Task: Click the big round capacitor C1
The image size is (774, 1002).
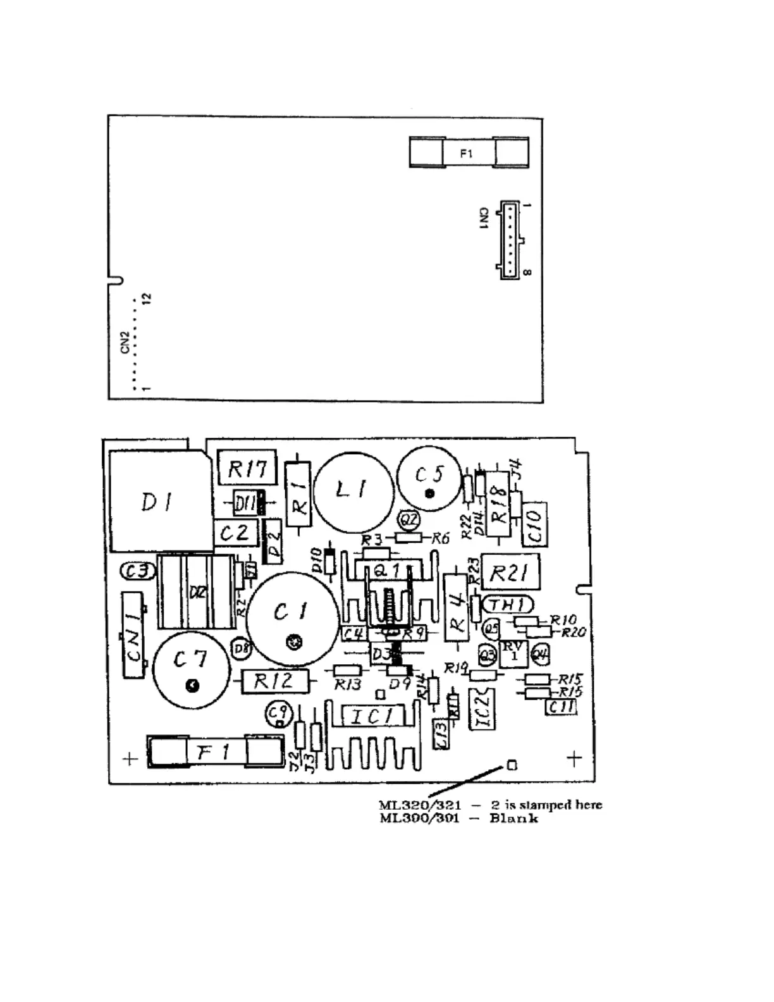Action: pyautogui.click(x=292, y=612)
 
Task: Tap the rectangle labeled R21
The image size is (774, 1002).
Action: pyautogui.click(x=511, y=572)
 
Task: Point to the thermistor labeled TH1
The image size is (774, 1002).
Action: pyautogui.click(x=507, y=605)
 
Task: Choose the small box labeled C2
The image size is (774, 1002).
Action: pyautogui.click(x=235, y=533)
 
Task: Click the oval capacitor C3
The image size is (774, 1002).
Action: pyautogui.click(x=137, y=571)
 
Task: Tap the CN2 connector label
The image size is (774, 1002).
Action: pyautogui.click(x=125, y=342)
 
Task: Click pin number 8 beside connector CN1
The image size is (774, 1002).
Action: pyautogui.click(x=527, y=273)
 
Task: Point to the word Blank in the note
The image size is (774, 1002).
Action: pyautogui.click(x=513, y=819)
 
